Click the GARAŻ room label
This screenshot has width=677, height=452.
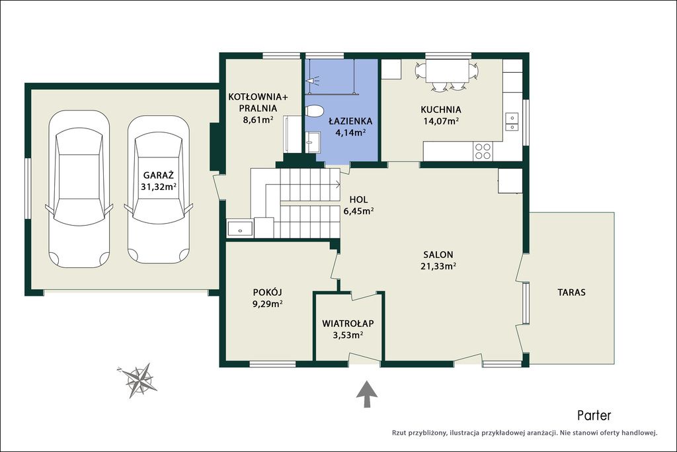pos(159,175)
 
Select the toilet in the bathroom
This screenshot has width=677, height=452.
pos(314,111)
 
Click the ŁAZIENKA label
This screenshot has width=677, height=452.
pos(350,121)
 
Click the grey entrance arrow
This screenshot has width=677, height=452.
pos(367,394)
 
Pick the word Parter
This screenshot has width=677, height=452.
pos(594,416)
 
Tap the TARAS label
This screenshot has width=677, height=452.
pos(572,293)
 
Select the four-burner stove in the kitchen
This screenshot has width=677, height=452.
pos(482,152)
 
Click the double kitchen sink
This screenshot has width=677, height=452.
pos(512,121)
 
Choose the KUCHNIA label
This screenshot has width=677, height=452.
pos(441,110)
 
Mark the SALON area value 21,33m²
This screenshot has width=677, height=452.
pos(439,266)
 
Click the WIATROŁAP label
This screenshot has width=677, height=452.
pos(348,323)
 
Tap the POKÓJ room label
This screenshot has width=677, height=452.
pos(268,293)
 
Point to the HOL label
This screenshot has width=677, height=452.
pos(358,200)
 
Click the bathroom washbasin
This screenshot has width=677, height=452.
pos(313,142)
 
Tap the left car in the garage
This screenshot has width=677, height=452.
pos(79,189)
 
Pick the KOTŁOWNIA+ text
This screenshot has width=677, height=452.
pos(259,97)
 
